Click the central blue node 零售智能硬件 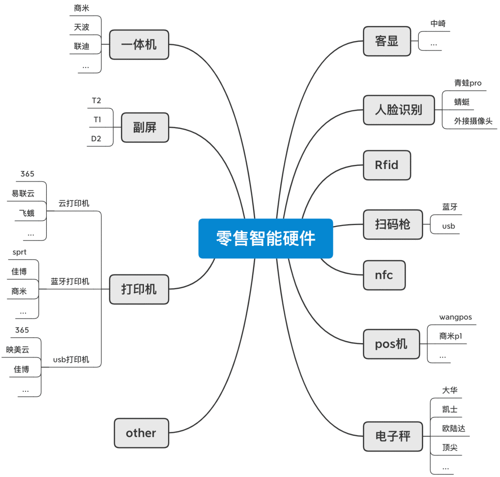tap(266, 238)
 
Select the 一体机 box tap(139, 44)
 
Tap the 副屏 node tap(145, 127)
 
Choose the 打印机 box tap(139, 289)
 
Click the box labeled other tap(141, 433)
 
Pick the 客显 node tap(387, 42)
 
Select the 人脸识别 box tap(399, 110)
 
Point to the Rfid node tap(387, 165)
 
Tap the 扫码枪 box tap(393, 225)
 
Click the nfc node tap(384, 275)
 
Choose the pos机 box tap(391, 344)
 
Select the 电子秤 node tap(393, 436)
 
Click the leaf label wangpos tap(456, 317)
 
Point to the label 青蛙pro tap(468, 83)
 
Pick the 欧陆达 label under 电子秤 tap(454, 428)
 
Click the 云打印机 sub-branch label tap(74, 203)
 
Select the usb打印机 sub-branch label tap(71, 360)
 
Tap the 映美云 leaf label tap(18, 350)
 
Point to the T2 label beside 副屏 tap(97, 100)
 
